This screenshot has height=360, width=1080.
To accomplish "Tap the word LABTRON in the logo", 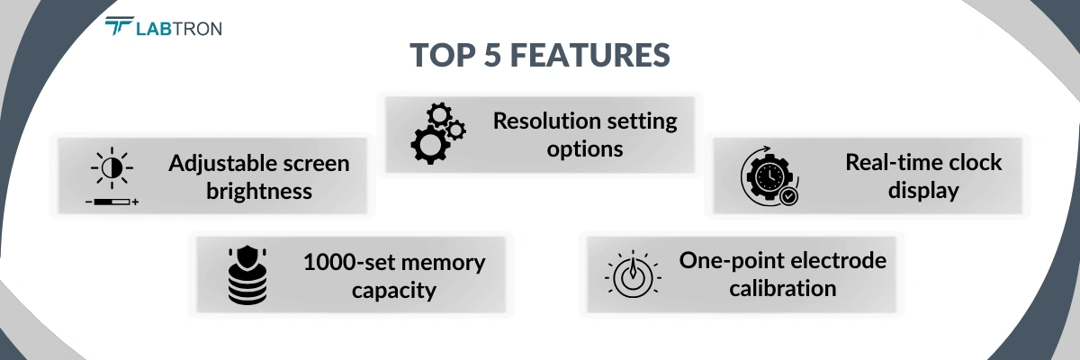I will click(178, 28).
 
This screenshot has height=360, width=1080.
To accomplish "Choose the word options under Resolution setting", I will click(585, 148).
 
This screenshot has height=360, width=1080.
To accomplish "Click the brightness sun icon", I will click(112, 169).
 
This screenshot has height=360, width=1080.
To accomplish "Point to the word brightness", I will click(259, 191).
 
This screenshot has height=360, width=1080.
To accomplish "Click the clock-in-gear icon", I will click(767, 175).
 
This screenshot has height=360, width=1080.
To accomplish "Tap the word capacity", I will click(394, 290).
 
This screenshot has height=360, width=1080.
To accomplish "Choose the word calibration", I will click(782, 289).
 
